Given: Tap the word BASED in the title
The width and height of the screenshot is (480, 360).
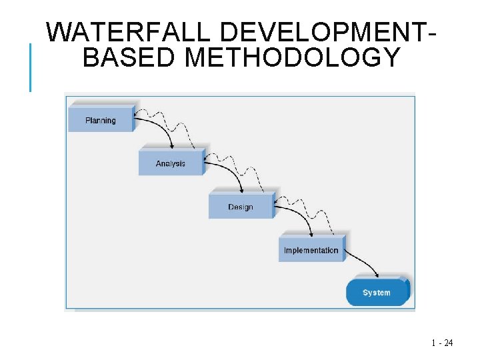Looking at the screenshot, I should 128,57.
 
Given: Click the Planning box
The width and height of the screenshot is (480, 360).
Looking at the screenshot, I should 101,120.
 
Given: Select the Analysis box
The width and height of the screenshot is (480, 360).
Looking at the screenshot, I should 171,163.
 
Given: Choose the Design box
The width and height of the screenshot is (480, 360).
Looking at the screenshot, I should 241,207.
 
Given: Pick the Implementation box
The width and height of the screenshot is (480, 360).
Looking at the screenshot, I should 311,250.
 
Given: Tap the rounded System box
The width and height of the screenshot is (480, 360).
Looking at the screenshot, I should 377,293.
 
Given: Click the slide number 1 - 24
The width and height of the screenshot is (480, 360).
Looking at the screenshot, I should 442,343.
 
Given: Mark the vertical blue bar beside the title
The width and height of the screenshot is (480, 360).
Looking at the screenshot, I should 30,67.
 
